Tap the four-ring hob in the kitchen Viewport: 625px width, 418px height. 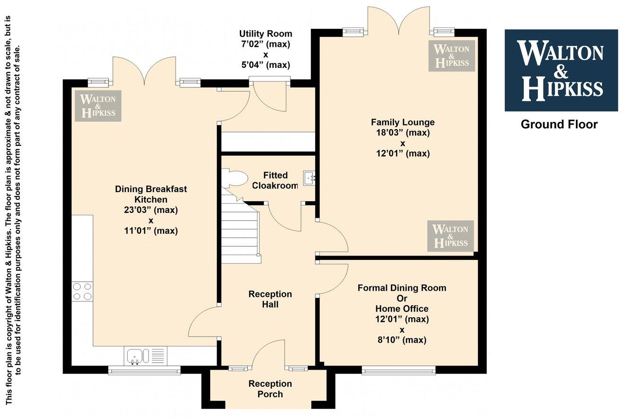tap(82, 291)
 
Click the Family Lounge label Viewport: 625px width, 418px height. tap(402, 122)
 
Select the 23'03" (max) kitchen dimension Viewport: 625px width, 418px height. tap(151, 210)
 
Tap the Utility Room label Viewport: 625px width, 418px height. tap(265, 34)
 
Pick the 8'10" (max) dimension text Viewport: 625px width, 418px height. tap(402, 340)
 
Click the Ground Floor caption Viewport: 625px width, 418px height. tap(559, 125)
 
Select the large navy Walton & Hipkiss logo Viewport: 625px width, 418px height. tap(561, 70)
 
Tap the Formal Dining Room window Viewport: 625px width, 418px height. tap(398, 370)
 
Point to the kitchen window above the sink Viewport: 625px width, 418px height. tap(144, 370)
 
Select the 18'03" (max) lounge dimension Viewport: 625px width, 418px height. tap(402, 133)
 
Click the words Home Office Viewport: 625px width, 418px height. tap(402, 309)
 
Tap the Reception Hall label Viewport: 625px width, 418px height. tap(270, 299)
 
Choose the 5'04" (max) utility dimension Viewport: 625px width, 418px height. tap(265, 65)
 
